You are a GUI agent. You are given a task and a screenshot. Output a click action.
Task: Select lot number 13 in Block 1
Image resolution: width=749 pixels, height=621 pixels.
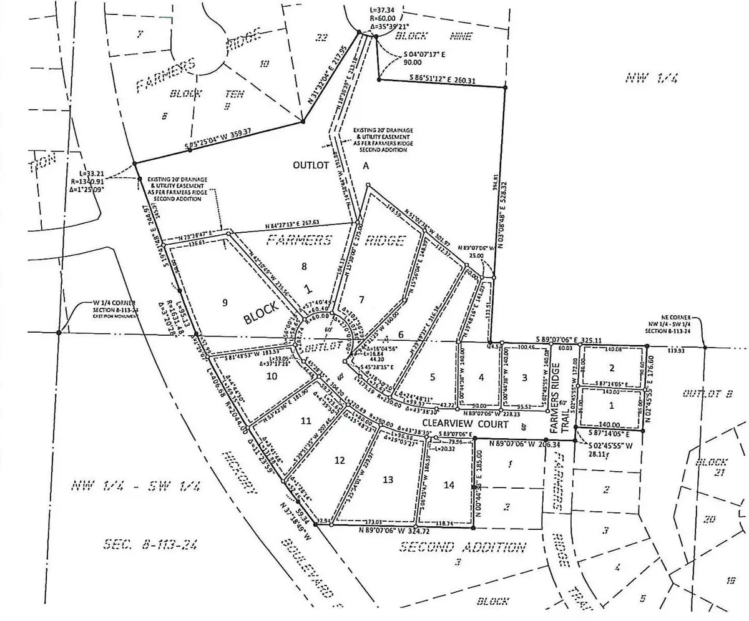[x=388, y=479]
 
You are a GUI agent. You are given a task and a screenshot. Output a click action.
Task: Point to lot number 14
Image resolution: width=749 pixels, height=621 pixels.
[x=449, y=484]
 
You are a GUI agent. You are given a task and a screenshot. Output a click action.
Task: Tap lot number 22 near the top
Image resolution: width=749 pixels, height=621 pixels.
[x=322, y=39]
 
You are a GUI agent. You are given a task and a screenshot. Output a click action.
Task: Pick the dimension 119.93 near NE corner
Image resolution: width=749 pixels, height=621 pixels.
[x=675, y=351]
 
